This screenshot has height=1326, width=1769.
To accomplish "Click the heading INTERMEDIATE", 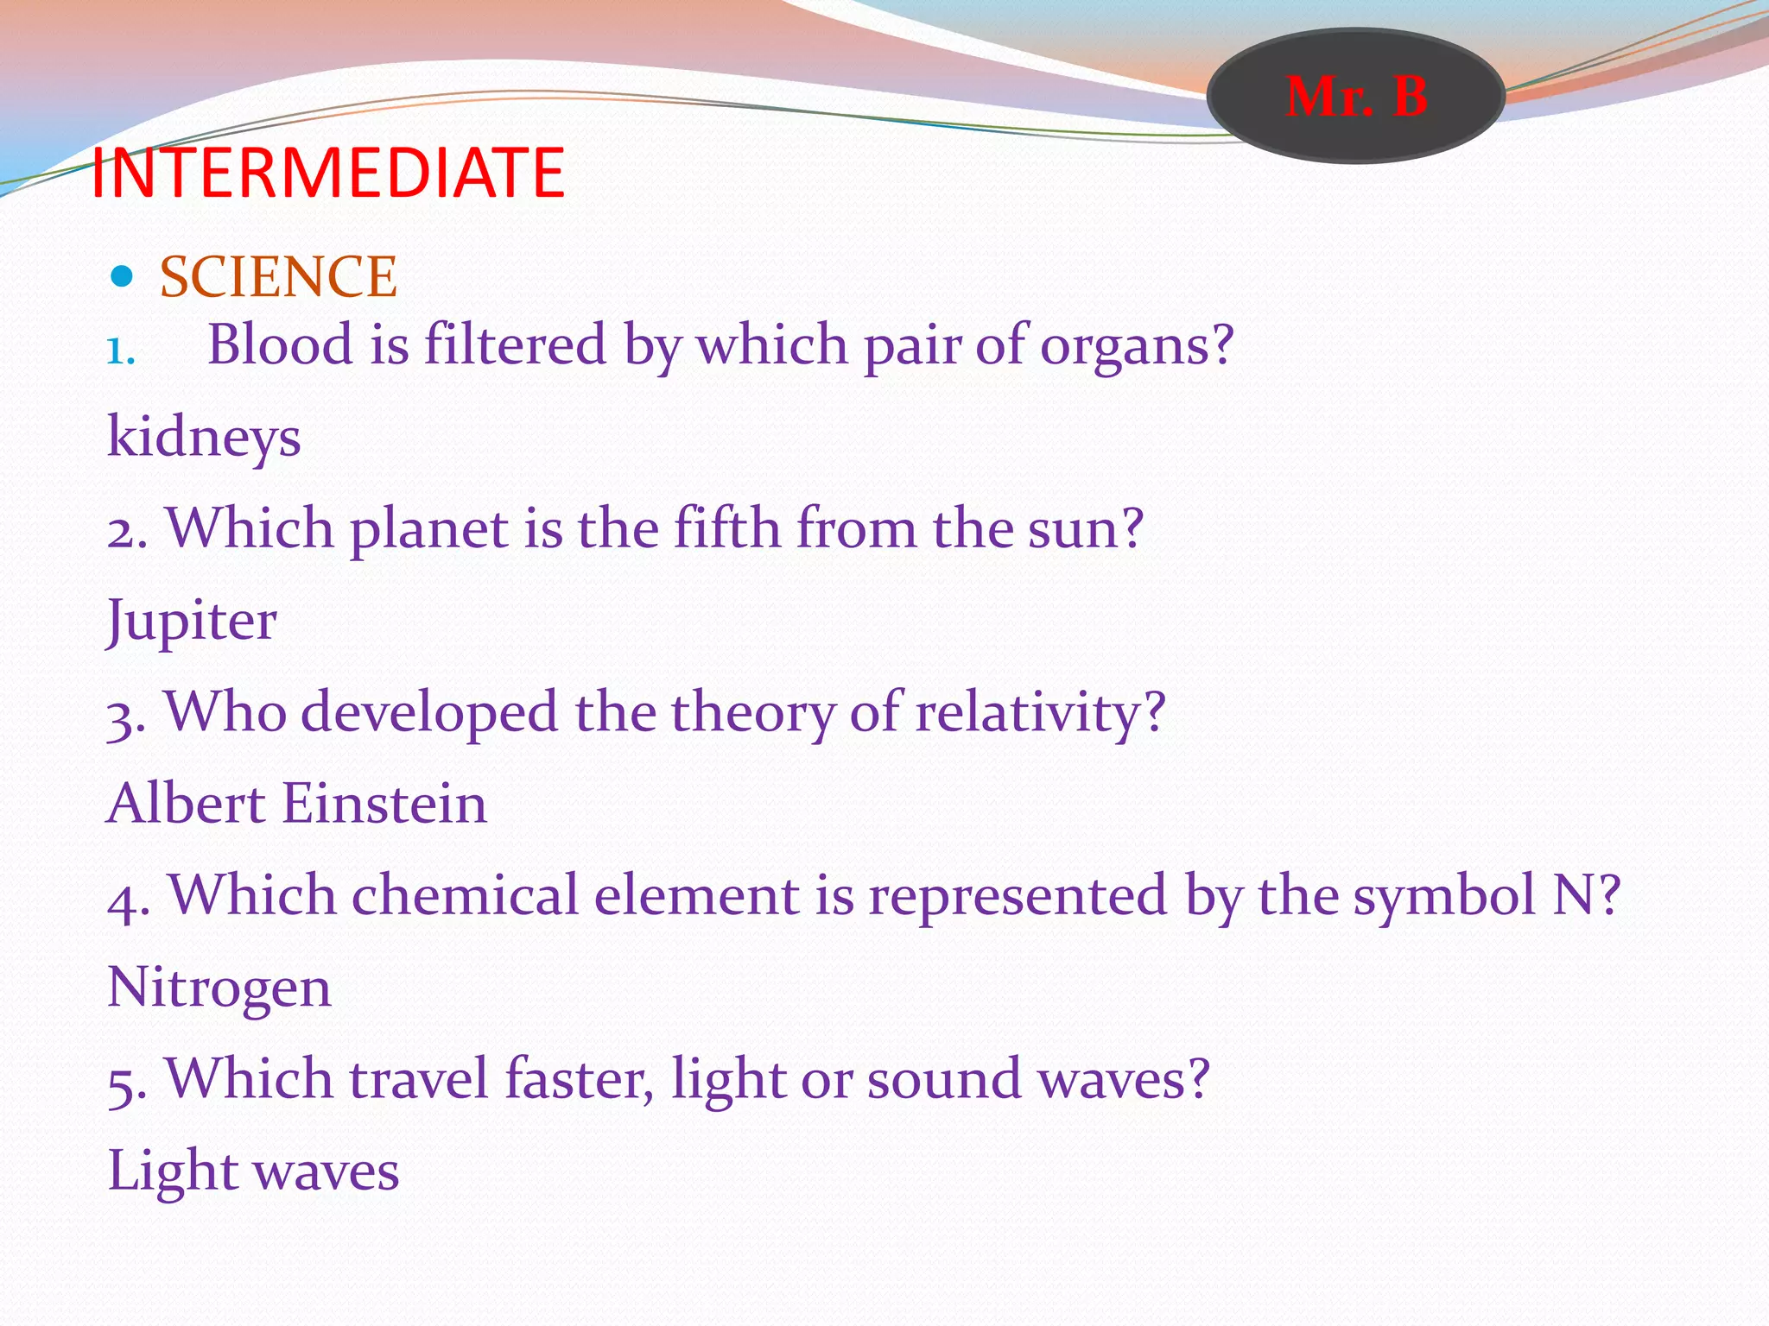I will (327, 173).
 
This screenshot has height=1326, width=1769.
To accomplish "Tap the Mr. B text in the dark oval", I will (1355, 96).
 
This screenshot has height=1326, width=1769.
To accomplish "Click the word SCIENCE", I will (278, 277).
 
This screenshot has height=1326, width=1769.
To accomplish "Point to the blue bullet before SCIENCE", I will (122, 276).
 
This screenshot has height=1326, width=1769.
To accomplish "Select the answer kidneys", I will (204, 437).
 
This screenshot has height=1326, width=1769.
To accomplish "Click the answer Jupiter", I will (192, 621).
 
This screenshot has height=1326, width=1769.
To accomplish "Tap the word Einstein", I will (384, 804).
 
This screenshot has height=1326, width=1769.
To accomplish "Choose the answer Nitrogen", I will (219, 988).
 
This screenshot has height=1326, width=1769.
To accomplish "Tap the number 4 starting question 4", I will (126, 898).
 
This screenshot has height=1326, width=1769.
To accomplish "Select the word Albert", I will (186, 804).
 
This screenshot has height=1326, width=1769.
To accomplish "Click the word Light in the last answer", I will (173, 1171).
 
